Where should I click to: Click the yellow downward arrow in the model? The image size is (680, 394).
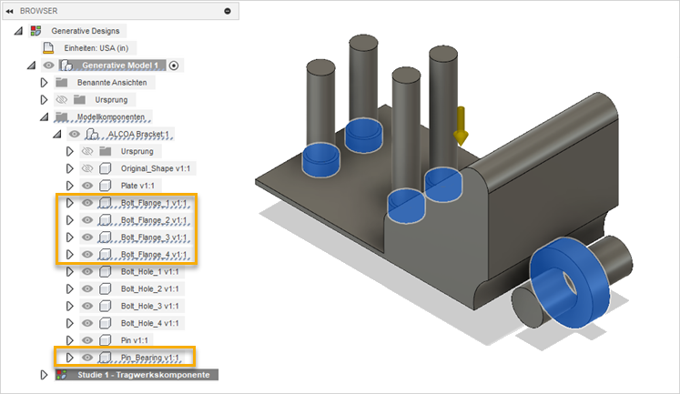[461, 126]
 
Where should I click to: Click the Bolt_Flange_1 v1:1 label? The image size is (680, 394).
[154, 203]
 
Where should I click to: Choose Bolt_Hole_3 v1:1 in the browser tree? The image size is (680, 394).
[149, 306]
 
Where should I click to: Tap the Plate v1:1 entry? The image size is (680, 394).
[137, 186]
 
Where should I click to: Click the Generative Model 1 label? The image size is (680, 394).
[120, 66]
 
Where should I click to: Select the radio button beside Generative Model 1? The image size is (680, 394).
[174, 66]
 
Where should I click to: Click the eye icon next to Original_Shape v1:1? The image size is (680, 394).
[87, 168]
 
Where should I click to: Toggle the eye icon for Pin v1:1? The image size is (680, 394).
[87, 340]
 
